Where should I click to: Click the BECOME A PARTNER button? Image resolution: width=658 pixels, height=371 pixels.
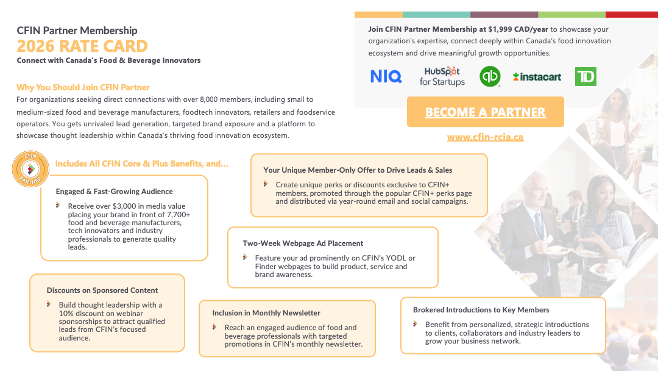pos(485,112)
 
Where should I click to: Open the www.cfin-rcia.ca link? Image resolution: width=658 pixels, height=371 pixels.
pos(485,137)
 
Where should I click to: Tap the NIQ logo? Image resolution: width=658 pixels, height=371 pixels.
pos(386,76)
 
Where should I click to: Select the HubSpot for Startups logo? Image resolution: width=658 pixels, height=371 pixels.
pos(442,76)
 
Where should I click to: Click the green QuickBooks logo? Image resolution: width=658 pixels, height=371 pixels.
pos(490,76)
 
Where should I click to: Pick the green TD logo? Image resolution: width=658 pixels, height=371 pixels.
pos(585,76)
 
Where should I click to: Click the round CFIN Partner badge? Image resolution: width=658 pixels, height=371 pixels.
pos(30,168)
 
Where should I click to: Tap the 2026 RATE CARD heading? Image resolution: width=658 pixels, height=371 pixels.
pos(82,46)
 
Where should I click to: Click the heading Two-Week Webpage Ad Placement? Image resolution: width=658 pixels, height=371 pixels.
pos(303,243)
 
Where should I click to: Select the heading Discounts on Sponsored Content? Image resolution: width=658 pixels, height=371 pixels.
pos(102,290)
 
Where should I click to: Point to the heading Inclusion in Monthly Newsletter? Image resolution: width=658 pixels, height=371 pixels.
pos(266,313)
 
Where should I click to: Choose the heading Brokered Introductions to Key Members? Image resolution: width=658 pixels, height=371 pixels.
pos(481,310)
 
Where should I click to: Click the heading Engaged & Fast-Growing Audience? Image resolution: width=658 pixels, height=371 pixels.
pos(115,192)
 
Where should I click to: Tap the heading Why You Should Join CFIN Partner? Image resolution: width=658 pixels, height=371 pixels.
pos(83,87)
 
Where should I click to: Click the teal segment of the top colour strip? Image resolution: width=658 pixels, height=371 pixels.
pos(436,14)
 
